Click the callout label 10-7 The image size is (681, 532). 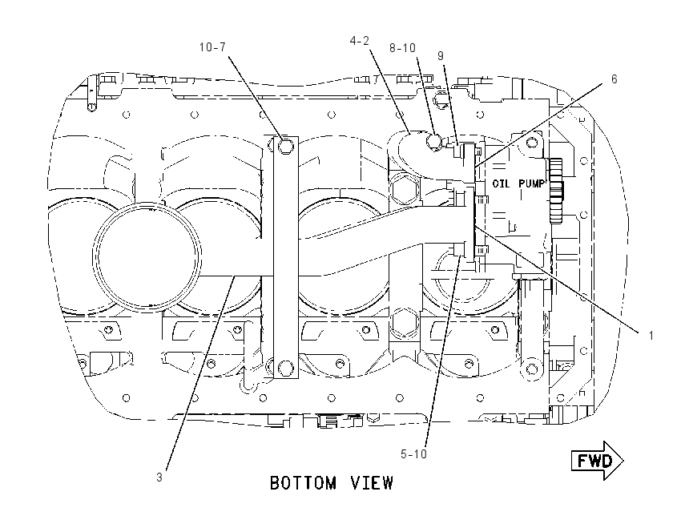[213, 47]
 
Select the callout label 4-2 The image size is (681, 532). [359, 41]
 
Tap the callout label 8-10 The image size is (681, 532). [402, 48]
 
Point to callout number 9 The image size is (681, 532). [441, 56]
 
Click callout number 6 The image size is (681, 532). [615, 79]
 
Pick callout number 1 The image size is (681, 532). [651, 335]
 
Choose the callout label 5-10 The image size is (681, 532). [413, 454]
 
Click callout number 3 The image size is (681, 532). [159, 478]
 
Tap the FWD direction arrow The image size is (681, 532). [597, 461]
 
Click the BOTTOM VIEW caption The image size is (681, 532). [332, 483]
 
